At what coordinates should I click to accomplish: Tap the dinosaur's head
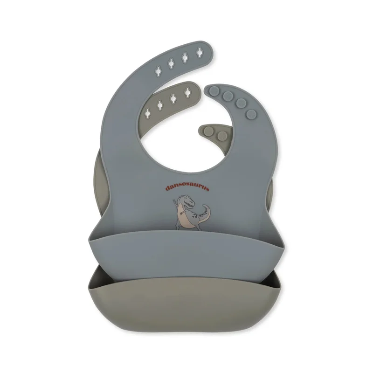(187, 200)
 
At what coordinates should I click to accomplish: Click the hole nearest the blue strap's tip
(200, 52)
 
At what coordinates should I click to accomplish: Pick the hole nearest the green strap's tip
(188, 92)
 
